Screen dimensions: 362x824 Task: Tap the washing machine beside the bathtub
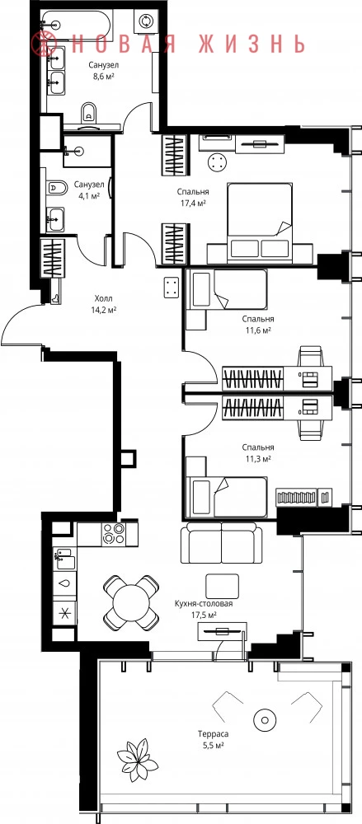pos(144,21)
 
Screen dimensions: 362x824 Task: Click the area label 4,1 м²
pos(88,196)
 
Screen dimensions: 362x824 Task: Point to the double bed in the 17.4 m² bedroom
pos(260,221)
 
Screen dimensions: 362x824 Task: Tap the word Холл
pos(103,298)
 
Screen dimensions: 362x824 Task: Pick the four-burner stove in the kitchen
pos(113,534)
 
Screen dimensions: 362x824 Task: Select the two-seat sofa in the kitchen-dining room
pos(221,543)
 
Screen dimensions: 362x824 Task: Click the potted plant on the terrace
pos(138,759)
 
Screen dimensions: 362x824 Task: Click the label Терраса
pos(213,734)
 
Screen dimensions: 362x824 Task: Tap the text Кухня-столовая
pos(204,604)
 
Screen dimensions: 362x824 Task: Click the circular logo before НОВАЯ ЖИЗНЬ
pos(44,43)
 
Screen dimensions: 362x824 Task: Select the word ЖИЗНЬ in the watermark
pos(252,43)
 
